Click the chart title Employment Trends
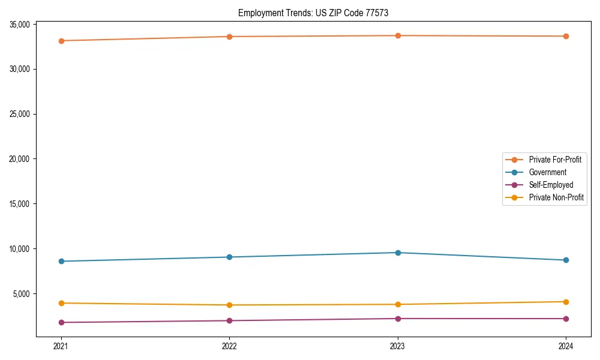coord(317,13)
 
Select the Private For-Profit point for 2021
coord(61,41)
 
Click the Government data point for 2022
coord(229,257)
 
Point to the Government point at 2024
coord(566,260)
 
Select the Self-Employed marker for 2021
coord(61,323)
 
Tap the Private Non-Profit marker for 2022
coord(229,305)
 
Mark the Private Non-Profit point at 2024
coord(566,302)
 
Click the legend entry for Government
coord(547,172)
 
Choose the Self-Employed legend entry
coord(551,185)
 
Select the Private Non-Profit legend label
coord(556,197)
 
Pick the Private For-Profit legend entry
coord(555,160)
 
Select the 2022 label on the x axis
coord(229,346)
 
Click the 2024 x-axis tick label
coord(566,346)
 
